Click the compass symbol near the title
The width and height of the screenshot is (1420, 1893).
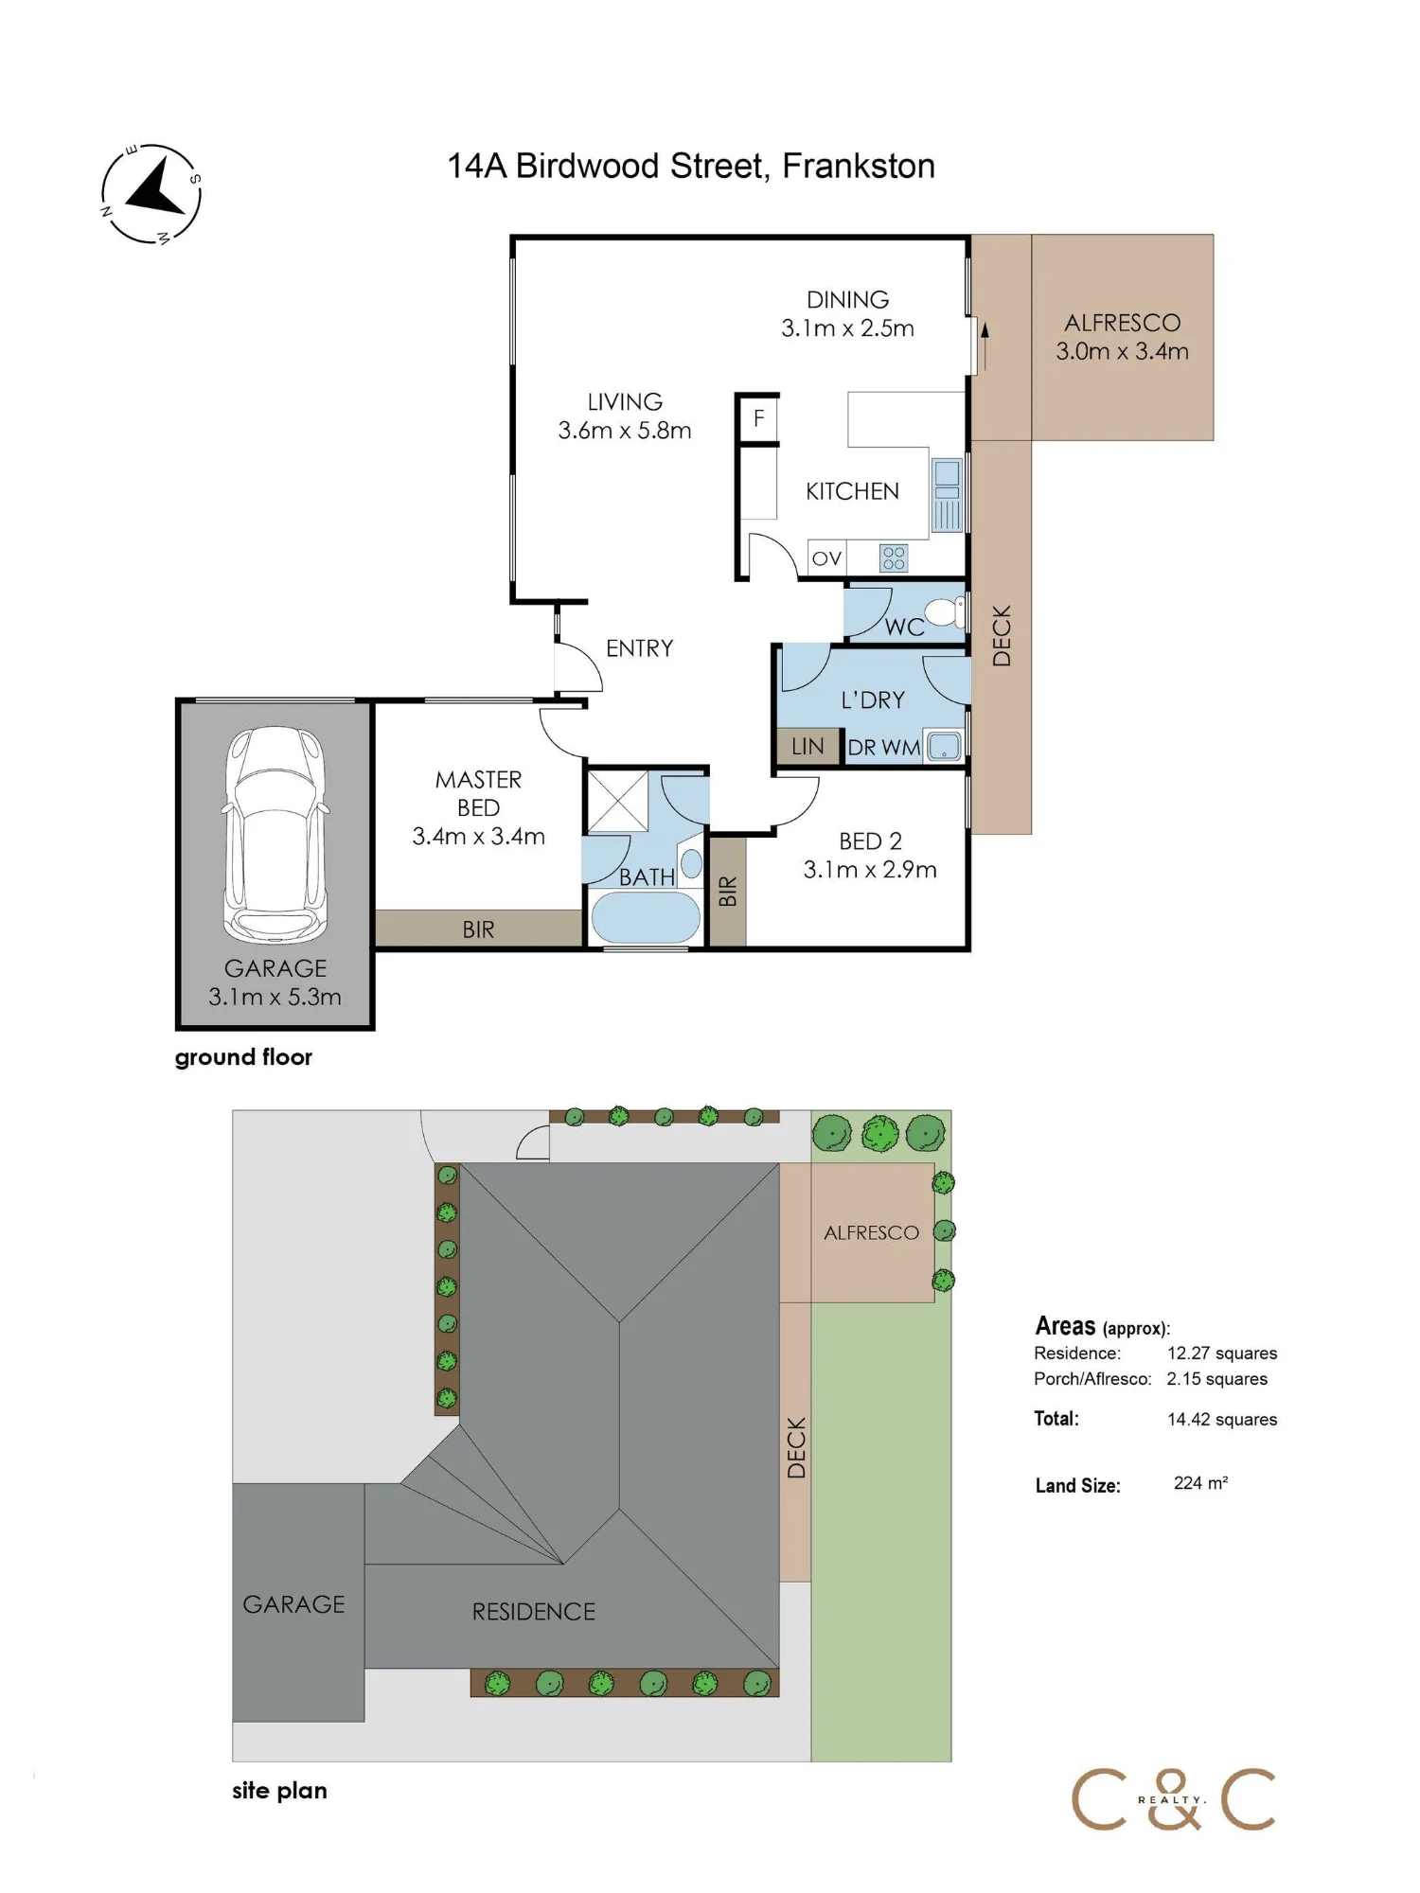coord(151,194)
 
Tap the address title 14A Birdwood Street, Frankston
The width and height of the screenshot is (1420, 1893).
coord(691,167)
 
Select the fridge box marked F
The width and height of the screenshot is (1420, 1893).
coord(758,418)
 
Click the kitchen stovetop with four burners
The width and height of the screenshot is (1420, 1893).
coord(894,557)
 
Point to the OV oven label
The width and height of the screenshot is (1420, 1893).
coord(826,558)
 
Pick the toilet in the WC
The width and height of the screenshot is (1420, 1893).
coord(945,611)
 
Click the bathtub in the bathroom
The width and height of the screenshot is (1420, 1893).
coord(646,917)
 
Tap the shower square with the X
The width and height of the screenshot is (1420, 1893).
coord(618,802)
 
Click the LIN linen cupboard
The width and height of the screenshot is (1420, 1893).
coord(808,746)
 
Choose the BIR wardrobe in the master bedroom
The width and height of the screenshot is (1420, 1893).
coord(478,929)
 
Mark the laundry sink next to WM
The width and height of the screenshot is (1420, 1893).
coord(944,747)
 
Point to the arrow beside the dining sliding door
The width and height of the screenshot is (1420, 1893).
coord(985,346)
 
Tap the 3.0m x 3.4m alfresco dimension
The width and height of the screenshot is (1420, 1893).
coord(1123,351)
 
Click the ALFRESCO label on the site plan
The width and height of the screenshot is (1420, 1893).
coord(871,1232)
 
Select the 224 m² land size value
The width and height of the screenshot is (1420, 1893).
coord(1200,1483)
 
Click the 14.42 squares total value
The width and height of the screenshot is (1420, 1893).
coord(1222,1419)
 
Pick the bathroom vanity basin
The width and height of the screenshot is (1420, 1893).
coord(692,863)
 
